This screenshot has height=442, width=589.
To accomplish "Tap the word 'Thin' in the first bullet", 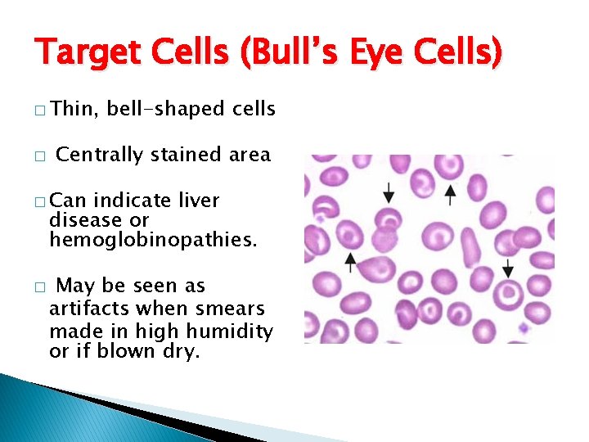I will coord(73,108).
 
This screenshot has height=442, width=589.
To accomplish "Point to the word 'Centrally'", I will coord(99,154).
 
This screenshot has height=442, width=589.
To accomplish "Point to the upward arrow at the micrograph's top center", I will coord(449,193).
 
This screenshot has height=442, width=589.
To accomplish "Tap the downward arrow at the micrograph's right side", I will coord(508,267).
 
